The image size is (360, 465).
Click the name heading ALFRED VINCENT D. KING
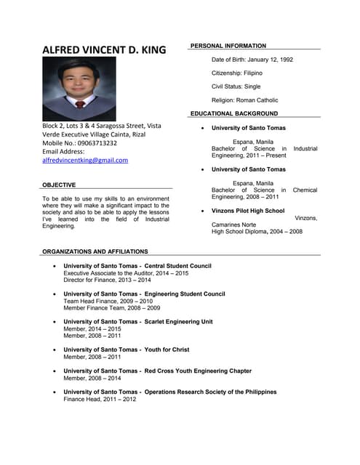tap(104, 50)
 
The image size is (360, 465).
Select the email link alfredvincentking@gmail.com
tap(84, 160)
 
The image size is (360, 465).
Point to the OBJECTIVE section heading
tap(59, 185)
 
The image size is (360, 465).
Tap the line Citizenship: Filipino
tap(237, 73)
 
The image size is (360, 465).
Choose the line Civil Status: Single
tap(236, 86)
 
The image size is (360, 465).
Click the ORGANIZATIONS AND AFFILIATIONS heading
tap(95, 251)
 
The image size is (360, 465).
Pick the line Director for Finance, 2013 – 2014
tap(107, 280)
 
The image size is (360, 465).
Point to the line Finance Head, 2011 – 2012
tap(100, 399)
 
